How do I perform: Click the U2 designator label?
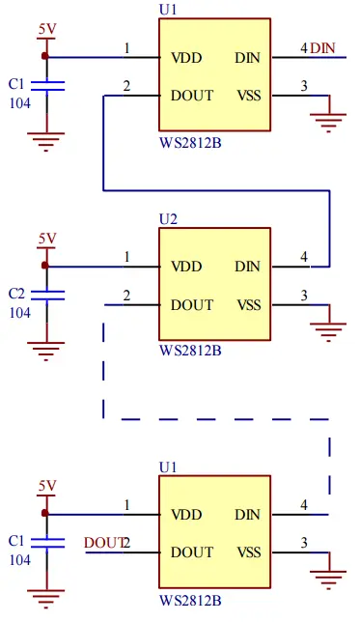click(168, 218)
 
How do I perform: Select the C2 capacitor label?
click(15, 293)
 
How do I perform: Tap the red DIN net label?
click(323, 48)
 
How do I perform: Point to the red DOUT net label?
click(103, 543)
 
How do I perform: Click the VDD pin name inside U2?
click(186, 267)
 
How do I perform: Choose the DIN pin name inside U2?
click(247, 267)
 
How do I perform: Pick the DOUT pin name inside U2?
click(192, 305)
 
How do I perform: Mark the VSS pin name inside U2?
click(248, 305)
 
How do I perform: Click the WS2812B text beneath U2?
click(190, 350)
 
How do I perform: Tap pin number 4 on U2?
click(303, 257)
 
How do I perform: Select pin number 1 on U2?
click(126, 257)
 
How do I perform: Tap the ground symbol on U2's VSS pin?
click(330, 330)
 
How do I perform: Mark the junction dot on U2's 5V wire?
click(44, 266)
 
